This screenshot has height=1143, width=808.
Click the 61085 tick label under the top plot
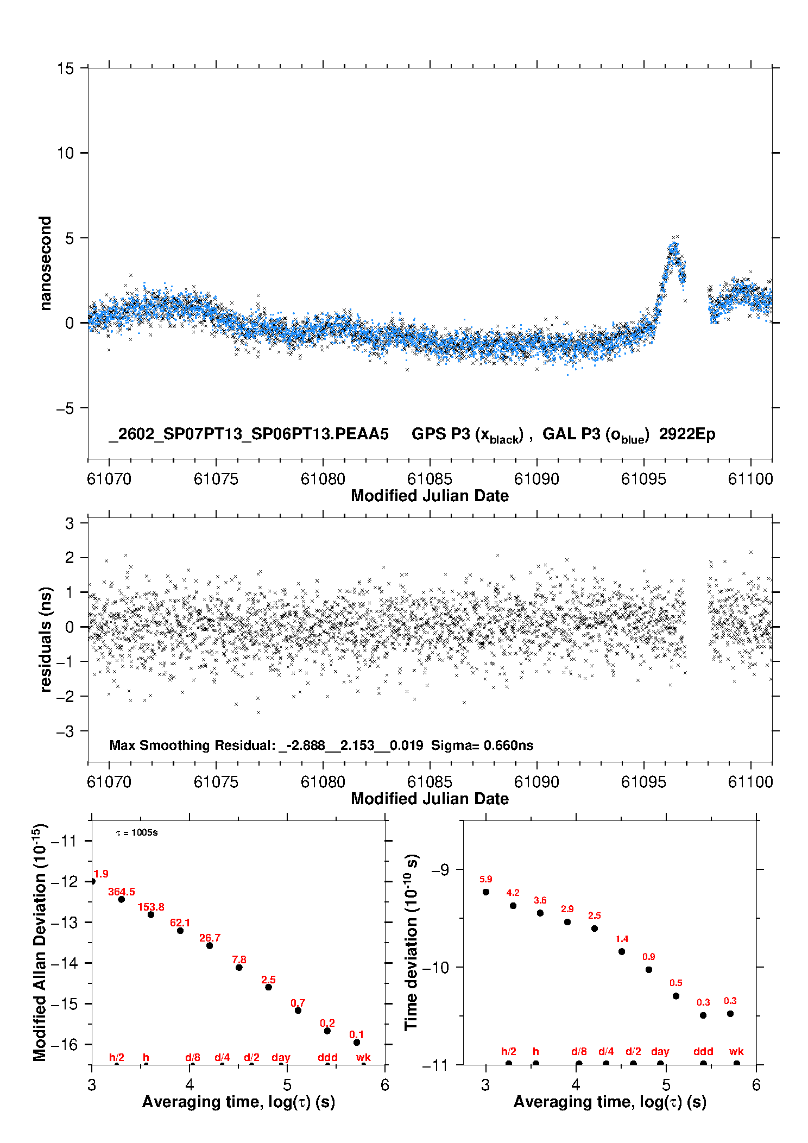click(x=430, y=479)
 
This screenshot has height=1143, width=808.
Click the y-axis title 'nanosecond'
click(x=45, y=263)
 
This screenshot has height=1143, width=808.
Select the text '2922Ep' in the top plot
click(x=687, y=434)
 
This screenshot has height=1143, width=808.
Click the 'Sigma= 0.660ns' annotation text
click(x=482, y=745)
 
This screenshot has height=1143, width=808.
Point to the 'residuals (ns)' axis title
click(x=46, y=639)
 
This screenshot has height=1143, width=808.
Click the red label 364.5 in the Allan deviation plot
click(x=122, y=892)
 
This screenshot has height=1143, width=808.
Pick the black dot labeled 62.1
click(x=180, y=931)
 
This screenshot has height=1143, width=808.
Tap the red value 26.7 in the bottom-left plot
click(x=210, y=938)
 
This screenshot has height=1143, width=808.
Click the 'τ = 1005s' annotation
click(x=137, y=833)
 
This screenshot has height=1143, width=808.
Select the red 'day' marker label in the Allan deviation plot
click(x=281, y=1057)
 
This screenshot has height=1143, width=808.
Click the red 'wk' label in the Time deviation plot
click(x=736, y=1051)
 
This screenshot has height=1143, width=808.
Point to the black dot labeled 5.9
click(x=486, y=892)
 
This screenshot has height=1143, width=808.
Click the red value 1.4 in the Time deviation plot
click(x=622, y=939)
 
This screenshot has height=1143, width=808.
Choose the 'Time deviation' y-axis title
click(x=412, y=942)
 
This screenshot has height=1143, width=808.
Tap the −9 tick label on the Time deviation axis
click(x=440, y=869)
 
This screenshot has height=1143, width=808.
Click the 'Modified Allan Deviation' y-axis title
click(x=40, y=942)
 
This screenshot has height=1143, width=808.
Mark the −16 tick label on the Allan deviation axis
click(x=64, y=1044)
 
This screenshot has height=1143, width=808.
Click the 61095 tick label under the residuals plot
click(x=643, y=782)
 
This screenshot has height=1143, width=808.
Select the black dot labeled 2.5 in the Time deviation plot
click(x=595, y=929)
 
